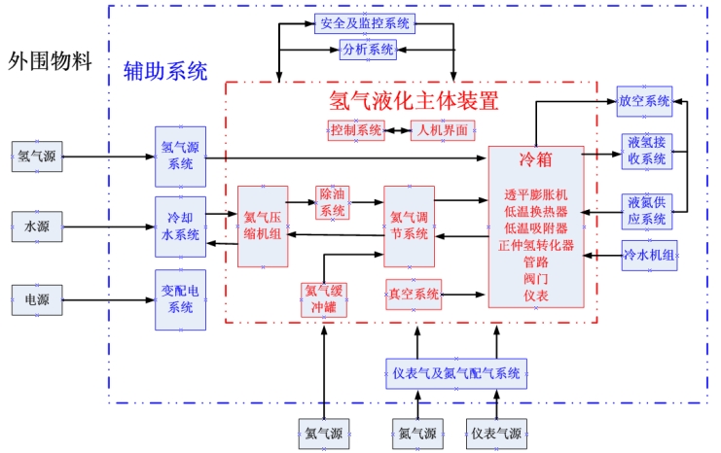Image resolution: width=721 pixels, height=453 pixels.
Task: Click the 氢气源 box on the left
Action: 37,157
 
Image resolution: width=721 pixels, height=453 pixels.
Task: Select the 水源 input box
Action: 37,227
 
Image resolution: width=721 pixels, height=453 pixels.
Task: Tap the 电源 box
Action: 37,298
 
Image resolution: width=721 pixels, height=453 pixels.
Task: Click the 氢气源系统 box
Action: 180,157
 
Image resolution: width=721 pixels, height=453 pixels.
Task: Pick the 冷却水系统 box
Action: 180,226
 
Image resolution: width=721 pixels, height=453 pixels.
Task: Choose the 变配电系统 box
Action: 180,299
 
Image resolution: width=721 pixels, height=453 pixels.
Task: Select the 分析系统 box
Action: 368,49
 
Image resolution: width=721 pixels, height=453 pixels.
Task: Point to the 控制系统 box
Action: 356,129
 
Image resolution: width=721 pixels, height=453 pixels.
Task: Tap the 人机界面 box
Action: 443,129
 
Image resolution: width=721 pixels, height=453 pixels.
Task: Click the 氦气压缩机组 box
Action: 263,226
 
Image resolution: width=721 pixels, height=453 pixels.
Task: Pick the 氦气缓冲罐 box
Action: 325,297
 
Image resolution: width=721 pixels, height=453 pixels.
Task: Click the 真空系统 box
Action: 415,294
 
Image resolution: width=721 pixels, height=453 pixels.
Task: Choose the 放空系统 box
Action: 644,100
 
